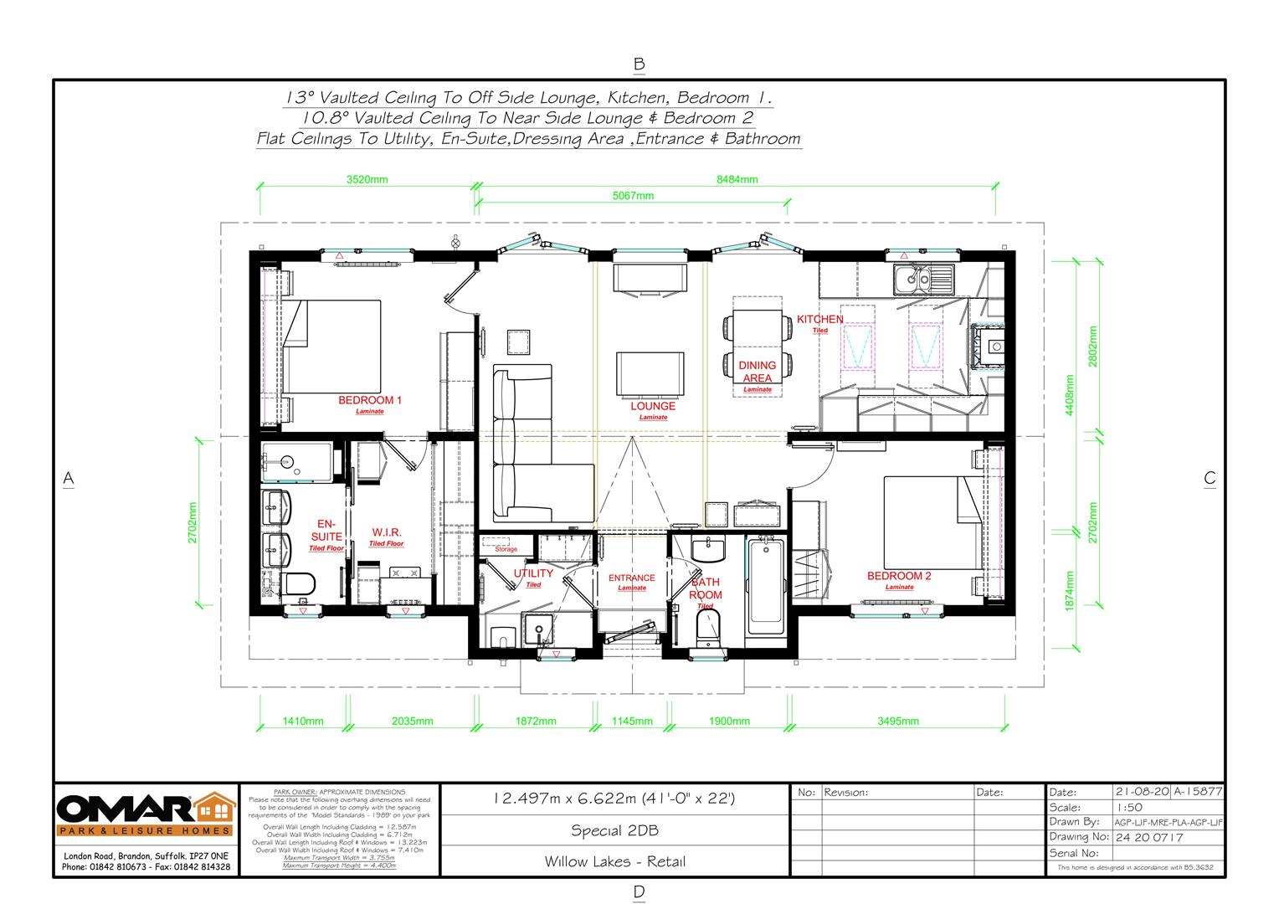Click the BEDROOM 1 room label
[x=369, y=400]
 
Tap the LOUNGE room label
[x=653, y=406]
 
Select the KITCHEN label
[x=819, y=319]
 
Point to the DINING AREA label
[x=757, y=372]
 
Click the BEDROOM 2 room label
[x=899, y=576]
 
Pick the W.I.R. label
[x=387, y=532]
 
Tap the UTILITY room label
[x=533, y=573]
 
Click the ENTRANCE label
[x=631, y=578]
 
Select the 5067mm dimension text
[x=633, y=196]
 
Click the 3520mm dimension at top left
[x=367, y=179]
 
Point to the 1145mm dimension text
[x=632, y=721]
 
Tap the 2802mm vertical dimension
[x=1092, y=343]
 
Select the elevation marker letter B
[x=639, y=64]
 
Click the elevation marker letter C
[x=1210, y=479]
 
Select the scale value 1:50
[x=1130, y=807]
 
